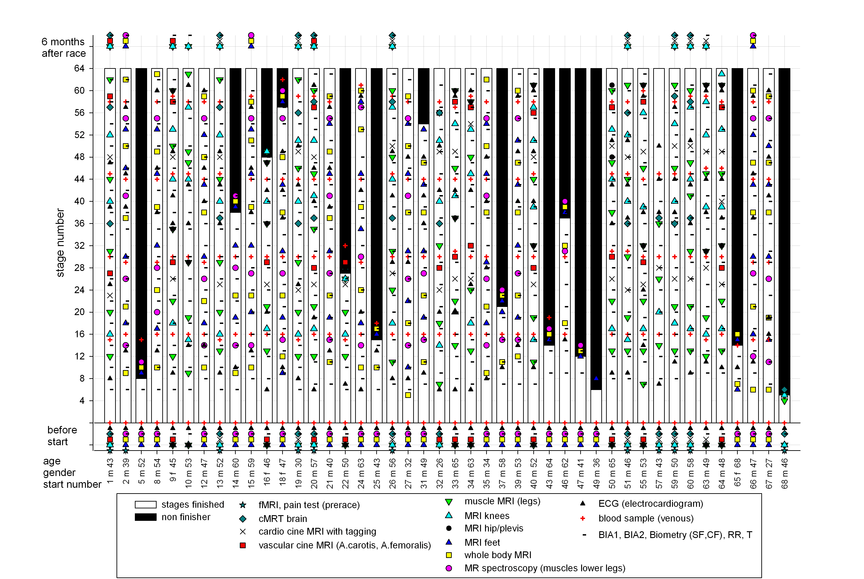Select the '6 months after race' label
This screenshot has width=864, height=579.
(x=64, y=48)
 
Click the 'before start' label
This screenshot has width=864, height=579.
(x=62, y=436)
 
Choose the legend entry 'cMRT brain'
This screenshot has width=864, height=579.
(x=283, y=519)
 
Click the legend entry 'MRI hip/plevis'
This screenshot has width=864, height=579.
(x=494, y=529)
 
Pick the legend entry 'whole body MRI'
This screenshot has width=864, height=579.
(x=498, y=555)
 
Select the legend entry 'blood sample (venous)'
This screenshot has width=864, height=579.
(x=646, y=518)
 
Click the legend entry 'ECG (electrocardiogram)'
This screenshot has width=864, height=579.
(x=651, y=504)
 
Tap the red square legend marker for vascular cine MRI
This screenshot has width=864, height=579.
(x=243, y=546)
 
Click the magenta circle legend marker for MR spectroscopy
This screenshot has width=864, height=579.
(x=449, y=568)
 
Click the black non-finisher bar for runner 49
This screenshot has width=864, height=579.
(x=596, y=229)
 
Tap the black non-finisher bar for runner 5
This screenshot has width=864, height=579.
(x=141, y=223)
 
